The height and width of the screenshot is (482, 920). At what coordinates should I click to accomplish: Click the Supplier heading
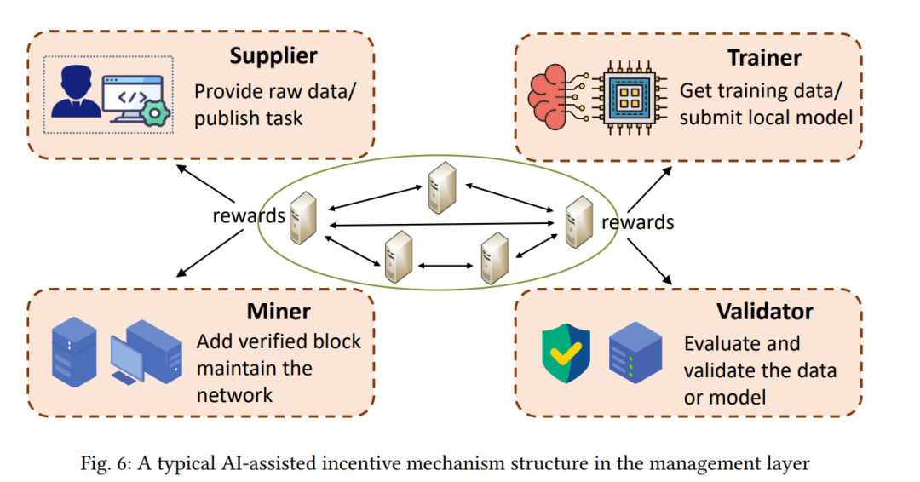pos(273,56)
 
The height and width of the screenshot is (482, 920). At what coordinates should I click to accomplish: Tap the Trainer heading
pos(764,58)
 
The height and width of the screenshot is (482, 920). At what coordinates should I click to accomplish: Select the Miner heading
pos(278,312)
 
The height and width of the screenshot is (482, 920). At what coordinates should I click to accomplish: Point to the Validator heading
pos(765,312)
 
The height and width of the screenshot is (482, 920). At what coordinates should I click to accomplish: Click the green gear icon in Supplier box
pos(155,112)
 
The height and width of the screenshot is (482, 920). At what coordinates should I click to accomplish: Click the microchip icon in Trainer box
pos(629,97)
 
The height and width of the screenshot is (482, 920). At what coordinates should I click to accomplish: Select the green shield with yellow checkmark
pos(566,353)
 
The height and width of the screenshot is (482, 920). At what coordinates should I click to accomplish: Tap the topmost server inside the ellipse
pos(442,187)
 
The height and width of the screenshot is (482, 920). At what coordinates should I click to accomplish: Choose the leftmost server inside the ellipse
pos(303,218)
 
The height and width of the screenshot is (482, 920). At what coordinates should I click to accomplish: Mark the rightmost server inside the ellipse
pos(578,221)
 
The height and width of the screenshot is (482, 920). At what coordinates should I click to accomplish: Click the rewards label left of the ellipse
pos(249,215)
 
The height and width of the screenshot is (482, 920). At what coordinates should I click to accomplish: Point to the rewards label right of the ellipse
pos(638,222)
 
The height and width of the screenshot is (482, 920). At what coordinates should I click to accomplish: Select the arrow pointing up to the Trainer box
pos(649,189)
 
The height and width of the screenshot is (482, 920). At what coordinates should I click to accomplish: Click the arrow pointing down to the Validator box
pos(649,261)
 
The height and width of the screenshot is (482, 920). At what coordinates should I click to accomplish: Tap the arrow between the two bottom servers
pos(446,266)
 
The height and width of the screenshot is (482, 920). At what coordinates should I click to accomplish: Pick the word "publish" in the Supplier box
pos(226,118)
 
